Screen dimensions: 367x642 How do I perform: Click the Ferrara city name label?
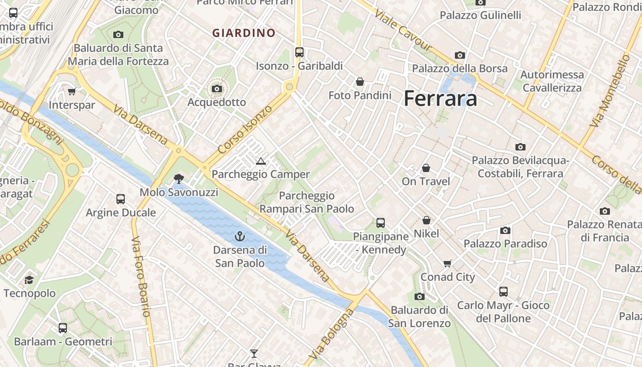click(440, 99)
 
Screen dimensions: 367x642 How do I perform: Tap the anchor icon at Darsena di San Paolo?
click(240, 237)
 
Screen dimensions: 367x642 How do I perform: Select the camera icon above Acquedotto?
click(217, 89)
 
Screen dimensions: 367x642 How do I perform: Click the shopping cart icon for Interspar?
click(72, 91)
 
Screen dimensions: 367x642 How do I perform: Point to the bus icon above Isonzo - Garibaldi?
click(299, 52)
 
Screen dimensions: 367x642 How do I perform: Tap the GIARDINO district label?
click(244, 33)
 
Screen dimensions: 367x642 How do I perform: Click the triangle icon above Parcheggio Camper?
click(261, 161)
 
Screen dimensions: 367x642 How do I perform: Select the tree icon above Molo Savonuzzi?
click(178, 179)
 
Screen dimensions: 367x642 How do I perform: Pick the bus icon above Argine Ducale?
click(121, 199)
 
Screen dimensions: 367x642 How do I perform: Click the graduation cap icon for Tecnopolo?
click(29, 280)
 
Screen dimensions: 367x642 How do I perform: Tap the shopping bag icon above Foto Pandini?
click(360, 82)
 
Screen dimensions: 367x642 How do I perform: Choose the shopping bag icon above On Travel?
click(426, 168)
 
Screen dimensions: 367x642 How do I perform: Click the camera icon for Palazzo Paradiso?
click(505, 230)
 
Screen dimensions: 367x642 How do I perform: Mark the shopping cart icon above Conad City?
click(448, 263)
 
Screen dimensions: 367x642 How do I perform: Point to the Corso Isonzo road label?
click(245, 129)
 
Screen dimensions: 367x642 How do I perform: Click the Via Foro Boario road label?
click(140, 276)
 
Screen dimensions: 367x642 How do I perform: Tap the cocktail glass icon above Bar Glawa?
click(254, 353)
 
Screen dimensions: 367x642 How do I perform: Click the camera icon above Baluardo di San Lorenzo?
click(419, 296)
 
